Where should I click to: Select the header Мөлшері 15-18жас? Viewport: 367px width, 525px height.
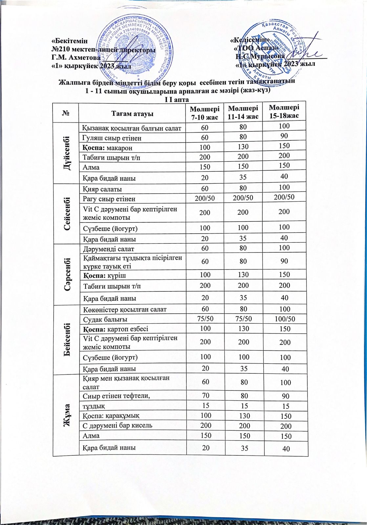[284, 112]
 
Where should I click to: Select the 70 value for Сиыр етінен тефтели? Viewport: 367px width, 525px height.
[206, 395]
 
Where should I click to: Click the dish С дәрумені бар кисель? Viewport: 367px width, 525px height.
[113, 426]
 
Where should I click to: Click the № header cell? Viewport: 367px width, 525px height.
[65, 114]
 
